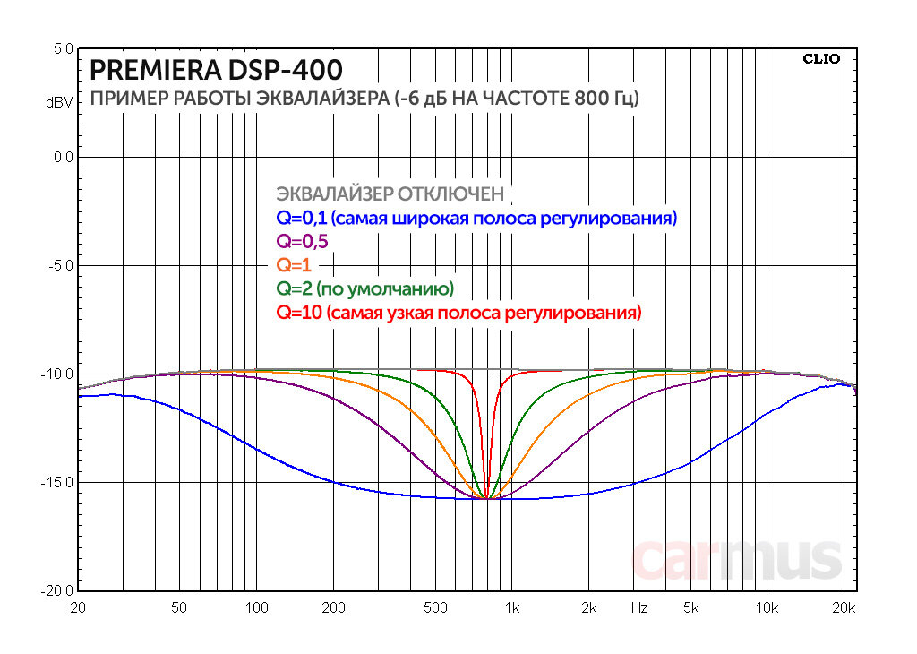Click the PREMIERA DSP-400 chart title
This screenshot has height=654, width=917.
(x=216, y=69)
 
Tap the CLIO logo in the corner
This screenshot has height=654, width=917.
(x=821, y=60)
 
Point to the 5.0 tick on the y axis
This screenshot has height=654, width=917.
(x=61, y=48)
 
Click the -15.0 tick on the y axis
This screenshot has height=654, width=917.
(x=56, y=483)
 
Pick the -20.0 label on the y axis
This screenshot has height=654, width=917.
(x=56, y=591)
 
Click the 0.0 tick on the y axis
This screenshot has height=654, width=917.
(x=61, y=158)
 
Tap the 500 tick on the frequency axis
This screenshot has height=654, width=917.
(x=435, y=608)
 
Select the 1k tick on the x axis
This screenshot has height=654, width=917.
(x=511, y=608)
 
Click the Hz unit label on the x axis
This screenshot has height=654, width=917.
(x=638, y=608)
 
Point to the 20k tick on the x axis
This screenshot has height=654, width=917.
(x=844, y=608)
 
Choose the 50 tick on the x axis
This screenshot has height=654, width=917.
(x=180, y=608)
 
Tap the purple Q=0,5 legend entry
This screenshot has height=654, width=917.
(x=303, y=242)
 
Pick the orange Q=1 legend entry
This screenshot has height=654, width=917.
(x=293, y=265)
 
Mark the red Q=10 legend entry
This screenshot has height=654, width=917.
(x=459, y=314)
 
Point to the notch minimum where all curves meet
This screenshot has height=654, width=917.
(x=486, y=498)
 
